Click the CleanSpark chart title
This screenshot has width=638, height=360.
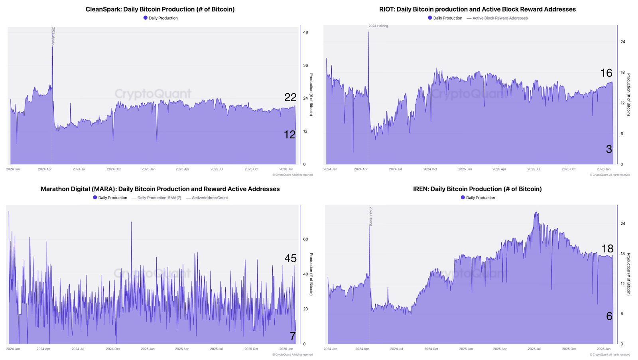pyautogui.click(x=160, y=9)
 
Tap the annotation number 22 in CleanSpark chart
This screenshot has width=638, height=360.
pyautogui.click(x=290, y=97)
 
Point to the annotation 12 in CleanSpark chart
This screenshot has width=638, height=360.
pyautogui.click(x=290, y=135)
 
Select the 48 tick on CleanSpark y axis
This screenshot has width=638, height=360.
pyautogui.click(x=305, y=32)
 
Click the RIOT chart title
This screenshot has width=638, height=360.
pyautogui.click(x=477, y=9)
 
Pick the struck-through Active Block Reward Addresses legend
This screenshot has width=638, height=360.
pyautogui.click(x=500, y=18)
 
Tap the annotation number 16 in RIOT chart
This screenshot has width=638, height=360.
pyautogui.click(x=606, y=73)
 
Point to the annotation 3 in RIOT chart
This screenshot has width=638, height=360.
pyautogui.click(x=609, y=150)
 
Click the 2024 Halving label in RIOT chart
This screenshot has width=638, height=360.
pyautogui.click(x=378, y=26)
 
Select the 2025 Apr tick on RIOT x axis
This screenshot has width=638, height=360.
pyautogui.click(x=499, y=169)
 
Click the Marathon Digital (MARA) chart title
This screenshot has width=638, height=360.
pyautogui.click(x=160, y=189)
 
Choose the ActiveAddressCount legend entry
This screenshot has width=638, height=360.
pyautogui.click(x=210, y=198)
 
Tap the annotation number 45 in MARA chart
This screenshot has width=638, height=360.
pyautogui.click(x=290, y=258)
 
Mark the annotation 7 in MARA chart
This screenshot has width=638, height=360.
pyautogui.click(x=293, y=336)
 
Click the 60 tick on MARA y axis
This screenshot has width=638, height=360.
pyautogui.click(x=305, y=239)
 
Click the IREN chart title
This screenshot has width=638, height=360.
pyautogui.click(x=477, y=189)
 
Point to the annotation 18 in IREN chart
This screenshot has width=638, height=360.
pyautogui.click(x=607, y=249)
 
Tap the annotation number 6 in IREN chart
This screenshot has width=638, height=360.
pyautogui.click(x=609, y=316)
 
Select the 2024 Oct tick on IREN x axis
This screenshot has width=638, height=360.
pyautogui.click(x=431, y=349)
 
